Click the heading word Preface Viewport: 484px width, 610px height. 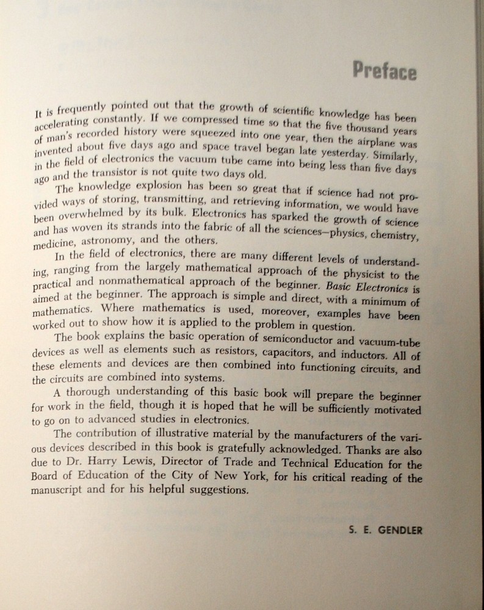coord(385,72)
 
